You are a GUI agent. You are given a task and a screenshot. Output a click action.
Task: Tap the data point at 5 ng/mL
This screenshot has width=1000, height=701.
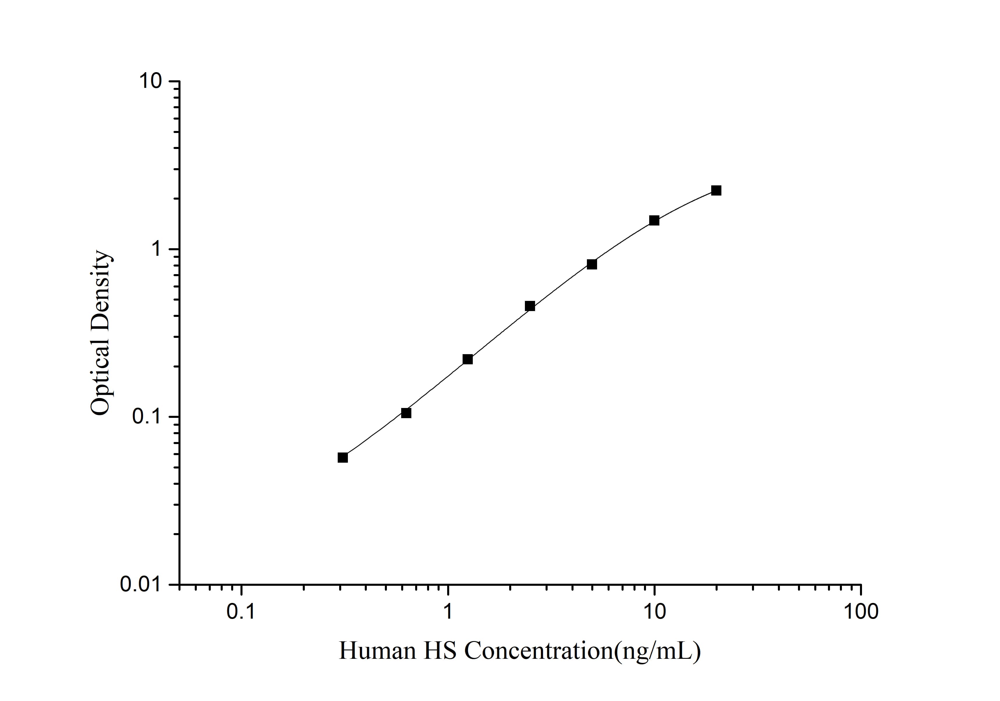[x=592, y=264]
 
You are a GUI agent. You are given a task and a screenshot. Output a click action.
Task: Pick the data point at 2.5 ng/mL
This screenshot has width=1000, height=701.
[x=530, y=306]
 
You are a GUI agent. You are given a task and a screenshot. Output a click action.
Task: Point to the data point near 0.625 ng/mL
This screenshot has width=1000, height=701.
[x=406, y=413]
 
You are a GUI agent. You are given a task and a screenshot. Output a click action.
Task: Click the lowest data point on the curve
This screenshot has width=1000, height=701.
[x=343, y=458]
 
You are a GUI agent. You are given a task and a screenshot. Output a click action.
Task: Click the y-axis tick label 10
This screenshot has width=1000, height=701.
[x=150, y=81]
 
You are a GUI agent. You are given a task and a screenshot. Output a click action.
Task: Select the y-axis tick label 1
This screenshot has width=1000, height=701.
[x=156, y=249]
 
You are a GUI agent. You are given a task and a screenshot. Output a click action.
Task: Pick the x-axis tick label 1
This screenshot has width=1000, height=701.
[x=448, y=612]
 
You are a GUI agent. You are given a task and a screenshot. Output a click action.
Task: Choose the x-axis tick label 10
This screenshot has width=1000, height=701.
[x=654, y=612]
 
